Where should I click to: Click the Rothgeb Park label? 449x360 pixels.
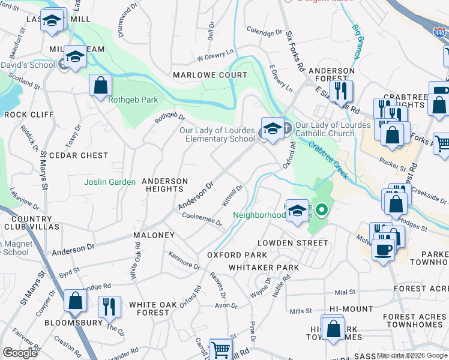pyautogui.click(x=131, y=100)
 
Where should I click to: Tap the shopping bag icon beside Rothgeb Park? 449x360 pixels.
pyautogui.click(x=100, y=86)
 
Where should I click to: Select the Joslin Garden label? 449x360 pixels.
pyautogui.click(x=110, y=182)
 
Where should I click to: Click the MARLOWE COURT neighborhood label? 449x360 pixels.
pyautogui.click(x=209, y=75)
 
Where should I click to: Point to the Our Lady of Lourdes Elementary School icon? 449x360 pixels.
pyautogui.click(x=273, y=129)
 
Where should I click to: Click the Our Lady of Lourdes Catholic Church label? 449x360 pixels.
pyautogui.click(x=325, y=128)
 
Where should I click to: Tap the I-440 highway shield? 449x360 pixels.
pyautogui.click(x=440, y=35)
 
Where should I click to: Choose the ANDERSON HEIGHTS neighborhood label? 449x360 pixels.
pyautogui.click(x=165, y=185)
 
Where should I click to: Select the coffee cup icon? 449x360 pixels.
pyautogui.click(x=383, y=249)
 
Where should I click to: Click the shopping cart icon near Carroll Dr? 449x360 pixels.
pyautogui.click(x=220, y=349)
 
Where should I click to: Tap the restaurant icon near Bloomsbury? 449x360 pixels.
pyautogui.click(x=109, y=307)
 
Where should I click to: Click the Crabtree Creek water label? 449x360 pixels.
pyautogui.click(x=330, y=155)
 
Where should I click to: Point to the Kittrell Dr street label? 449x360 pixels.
pyautogui.click(x=232, y=196)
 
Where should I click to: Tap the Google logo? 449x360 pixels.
pyautogui.click(x=20, y=353)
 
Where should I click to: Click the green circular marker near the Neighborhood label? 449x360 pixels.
pyautogui.click(x=322, y=210)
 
